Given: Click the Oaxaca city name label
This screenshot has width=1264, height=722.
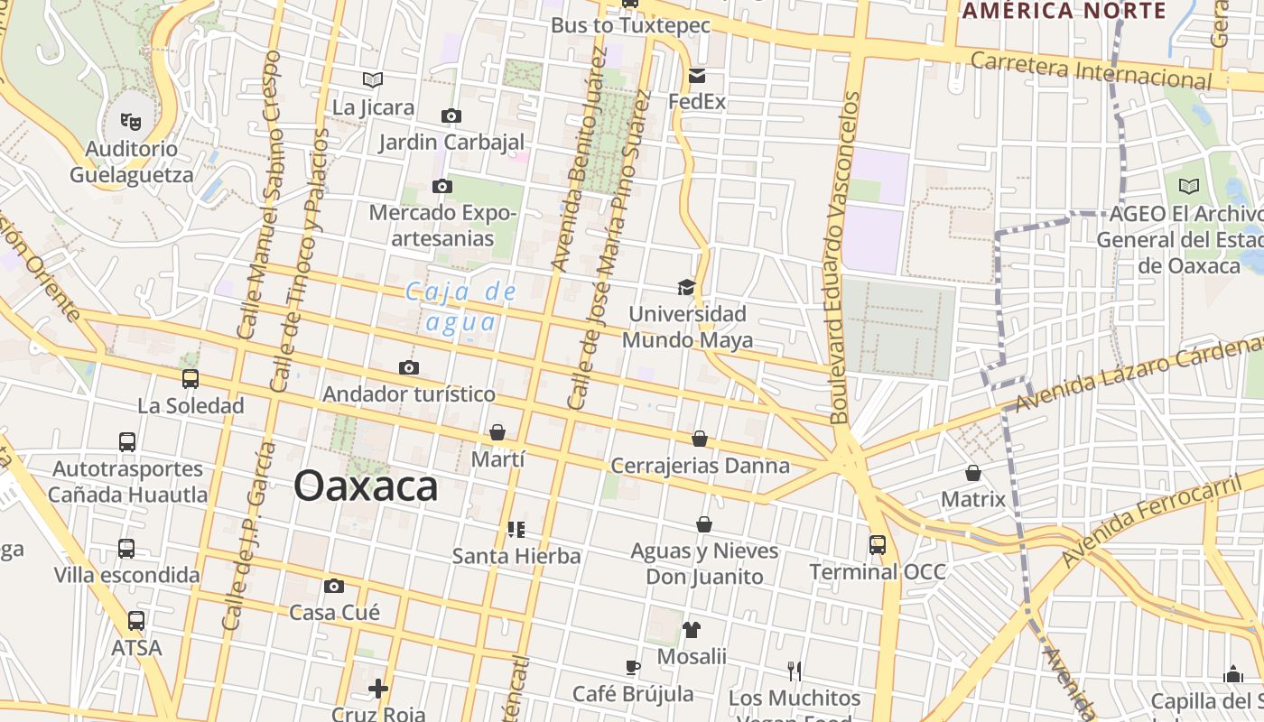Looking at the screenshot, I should click(366, 486).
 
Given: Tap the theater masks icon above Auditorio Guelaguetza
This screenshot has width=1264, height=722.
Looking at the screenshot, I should click(131, 120).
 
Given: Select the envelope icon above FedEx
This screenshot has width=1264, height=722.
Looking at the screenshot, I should click(697, 76).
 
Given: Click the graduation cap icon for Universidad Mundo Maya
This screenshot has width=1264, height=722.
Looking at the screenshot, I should click(687, 287).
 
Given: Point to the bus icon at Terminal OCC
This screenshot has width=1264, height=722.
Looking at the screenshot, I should click(878, 544).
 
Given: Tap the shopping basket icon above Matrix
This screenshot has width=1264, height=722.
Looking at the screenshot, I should click(973, 473).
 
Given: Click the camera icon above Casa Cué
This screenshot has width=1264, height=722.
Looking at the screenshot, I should click(334, 586).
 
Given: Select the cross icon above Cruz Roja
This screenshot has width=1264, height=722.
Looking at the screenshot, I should click(378, 689).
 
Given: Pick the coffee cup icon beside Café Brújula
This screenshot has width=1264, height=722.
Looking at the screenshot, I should click(633, 667).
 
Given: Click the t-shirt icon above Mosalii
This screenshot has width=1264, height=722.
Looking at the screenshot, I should click(692, 629).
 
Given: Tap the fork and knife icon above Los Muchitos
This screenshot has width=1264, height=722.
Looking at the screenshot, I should click(795, 671).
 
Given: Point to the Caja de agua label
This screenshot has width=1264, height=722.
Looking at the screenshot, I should click(461, 307).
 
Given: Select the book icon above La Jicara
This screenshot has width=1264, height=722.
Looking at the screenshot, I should click(373, 79).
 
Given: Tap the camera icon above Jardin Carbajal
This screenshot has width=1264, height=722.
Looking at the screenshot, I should click(451, 116).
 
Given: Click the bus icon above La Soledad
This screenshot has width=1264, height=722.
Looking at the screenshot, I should click(191, 379).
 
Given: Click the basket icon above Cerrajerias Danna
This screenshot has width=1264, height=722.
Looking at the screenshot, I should click(700, 439).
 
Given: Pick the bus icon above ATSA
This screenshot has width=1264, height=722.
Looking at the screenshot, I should click(136, 621).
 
